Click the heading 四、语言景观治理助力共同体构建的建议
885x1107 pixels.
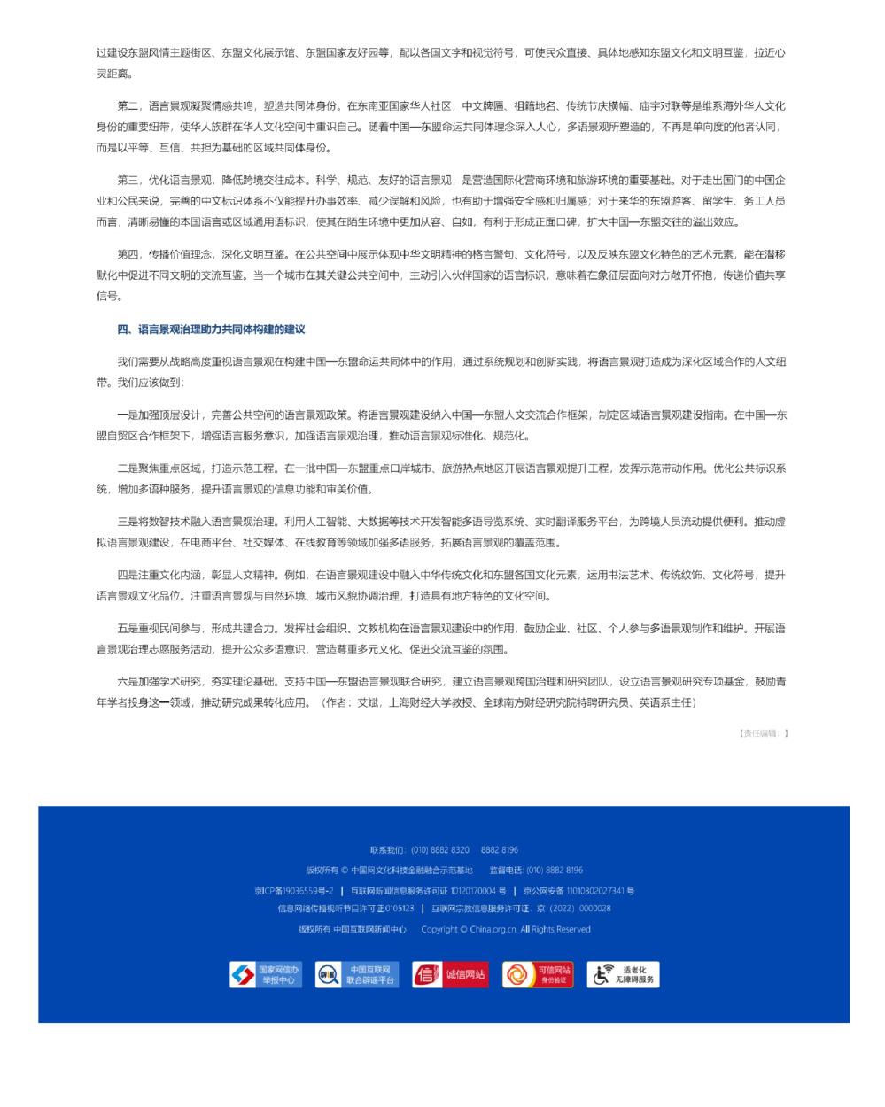(211, 329)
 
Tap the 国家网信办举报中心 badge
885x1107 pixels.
(266, 975)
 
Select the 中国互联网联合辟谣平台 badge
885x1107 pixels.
(357, 975)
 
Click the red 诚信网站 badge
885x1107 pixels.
(450, 975)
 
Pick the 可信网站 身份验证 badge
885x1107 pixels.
(538, 975)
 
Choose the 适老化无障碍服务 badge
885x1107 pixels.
(624, 975)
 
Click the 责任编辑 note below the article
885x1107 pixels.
(763, 733)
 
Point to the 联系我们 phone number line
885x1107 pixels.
(444, 850)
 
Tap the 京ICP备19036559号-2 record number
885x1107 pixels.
(293, 891)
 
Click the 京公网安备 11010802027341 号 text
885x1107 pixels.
(578, 891)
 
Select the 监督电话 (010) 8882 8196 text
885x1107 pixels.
(536, 871)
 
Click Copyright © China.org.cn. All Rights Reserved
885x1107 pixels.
(505, 930)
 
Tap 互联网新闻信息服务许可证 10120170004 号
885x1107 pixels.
(428, 891)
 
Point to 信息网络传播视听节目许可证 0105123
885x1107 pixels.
(345, 909)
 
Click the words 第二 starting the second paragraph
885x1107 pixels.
(128, 106)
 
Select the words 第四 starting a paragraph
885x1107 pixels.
(128, 255)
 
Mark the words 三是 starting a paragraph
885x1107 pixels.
(128, 523)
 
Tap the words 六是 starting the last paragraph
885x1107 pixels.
(128, 682)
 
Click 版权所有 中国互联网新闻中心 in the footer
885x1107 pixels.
(352, 930)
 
